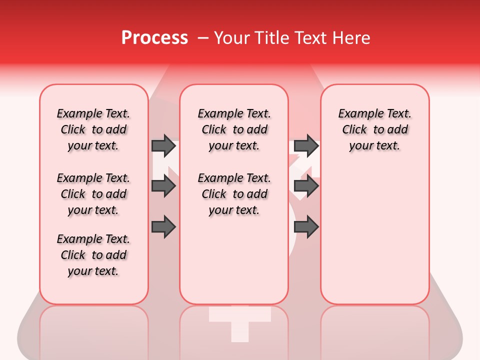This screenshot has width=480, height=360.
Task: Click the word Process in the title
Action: tap(154, 38)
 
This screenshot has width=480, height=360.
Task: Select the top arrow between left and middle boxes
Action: tap(163, 145)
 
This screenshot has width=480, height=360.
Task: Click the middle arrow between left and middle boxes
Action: tap(163, 186)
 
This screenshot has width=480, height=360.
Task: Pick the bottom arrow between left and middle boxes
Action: tap(163, 226)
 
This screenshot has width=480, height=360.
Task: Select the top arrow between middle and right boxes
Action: tap(306, 145)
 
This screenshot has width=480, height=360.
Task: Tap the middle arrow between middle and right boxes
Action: tap(306, 186)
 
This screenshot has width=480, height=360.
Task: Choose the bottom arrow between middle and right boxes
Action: tap(306, 226)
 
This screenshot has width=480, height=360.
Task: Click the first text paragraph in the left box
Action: tap(93, 129)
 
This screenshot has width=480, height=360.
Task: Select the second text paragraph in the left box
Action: tap(93, 194)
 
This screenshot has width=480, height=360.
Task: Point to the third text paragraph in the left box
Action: tap(93, 255)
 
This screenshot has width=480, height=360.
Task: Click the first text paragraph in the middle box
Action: tap(234, 129)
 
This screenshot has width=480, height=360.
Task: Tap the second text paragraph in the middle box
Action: tap(234, 194)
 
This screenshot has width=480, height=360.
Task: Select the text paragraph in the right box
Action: tap(374, 129)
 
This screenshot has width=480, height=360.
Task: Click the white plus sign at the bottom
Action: tap(239, 322)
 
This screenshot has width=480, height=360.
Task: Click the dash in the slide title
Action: tap(202, 38)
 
